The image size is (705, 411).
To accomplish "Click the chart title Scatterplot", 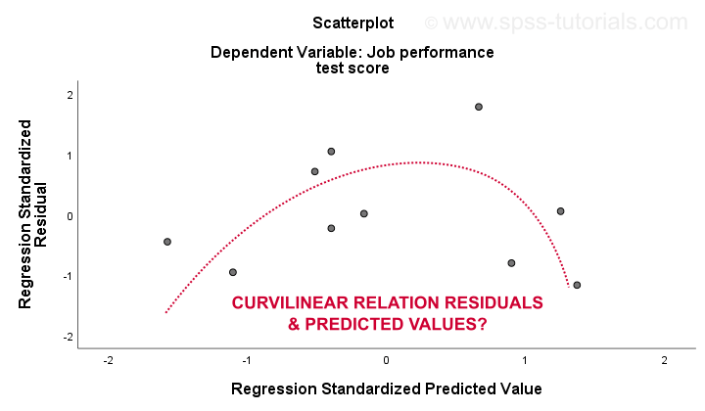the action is point(352,23).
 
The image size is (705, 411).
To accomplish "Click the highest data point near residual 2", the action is point(479,107).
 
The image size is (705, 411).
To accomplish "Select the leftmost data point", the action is point(167,242).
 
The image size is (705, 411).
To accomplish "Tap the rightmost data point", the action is point(577,285).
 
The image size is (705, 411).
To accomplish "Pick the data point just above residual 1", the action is point(331,152).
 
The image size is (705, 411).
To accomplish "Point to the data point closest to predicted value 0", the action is point(363,213).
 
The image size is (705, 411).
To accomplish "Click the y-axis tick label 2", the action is point(70,95).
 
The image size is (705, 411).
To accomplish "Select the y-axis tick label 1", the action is point(70,156).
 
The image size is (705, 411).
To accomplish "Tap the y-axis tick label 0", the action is point(70,216).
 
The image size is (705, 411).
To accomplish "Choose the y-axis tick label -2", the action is point(68,337).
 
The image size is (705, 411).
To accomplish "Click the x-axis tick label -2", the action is point(108,360).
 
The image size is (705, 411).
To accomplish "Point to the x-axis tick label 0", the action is point(386,360).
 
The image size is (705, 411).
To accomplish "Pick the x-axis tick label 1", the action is point(525,360).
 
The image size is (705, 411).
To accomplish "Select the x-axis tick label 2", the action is point(664,360).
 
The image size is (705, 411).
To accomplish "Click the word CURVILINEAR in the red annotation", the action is point(291,302).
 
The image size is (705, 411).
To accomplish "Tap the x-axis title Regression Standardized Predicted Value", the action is point(386,388).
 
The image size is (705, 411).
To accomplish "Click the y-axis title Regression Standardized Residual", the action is point(32,214).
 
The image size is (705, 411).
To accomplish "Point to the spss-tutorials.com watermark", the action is point(556,22).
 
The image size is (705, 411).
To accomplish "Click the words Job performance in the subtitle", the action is point(430,53).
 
